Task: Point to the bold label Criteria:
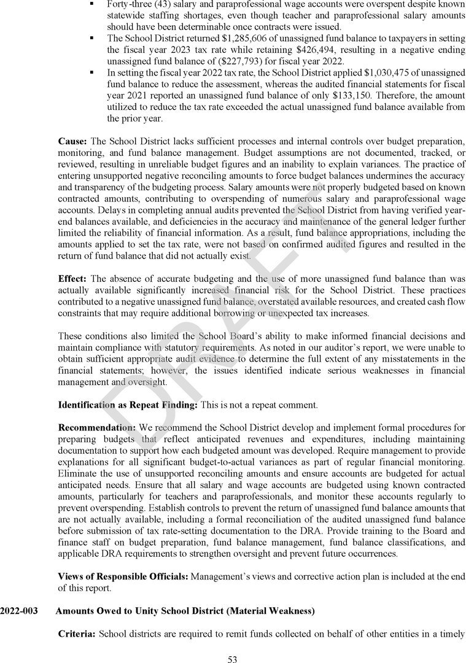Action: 77,633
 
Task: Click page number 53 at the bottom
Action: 233,659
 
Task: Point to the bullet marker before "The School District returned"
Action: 91,37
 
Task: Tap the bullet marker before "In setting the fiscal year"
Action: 91,72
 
